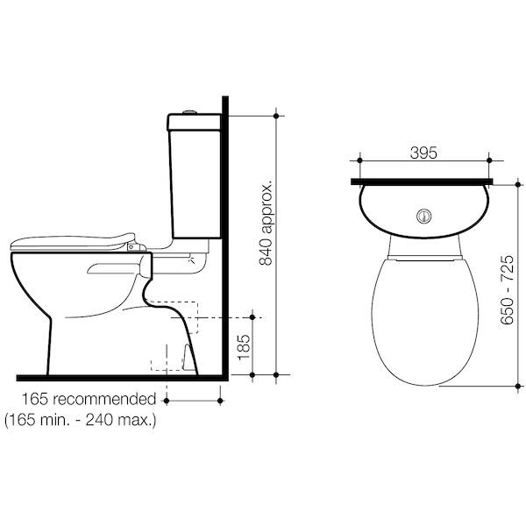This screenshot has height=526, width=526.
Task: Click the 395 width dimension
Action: pos(423,153)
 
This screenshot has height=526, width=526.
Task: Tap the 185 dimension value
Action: pos(245,345)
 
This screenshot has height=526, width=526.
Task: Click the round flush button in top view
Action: pos(424,214)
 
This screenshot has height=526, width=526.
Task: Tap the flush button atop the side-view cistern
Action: pos(182,115)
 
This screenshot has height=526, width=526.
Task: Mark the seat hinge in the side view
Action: pos(134,248)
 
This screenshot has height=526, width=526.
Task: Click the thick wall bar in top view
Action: pos(422,182)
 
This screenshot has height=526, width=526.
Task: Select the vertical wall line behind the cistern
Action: pos(225,237)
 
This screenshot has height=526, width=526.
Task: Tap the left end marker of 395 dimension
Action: pos(359,160)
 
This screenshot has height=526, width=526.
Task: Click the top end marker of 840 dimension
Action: pos(278,116)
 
